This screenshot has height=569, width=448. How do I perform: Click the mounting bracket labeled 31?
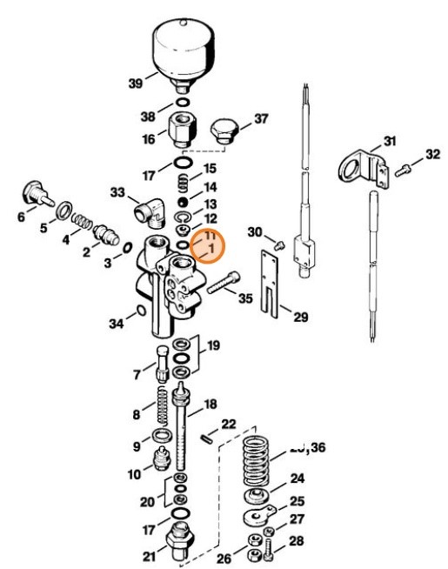pyautogui.click(x=357, y=167)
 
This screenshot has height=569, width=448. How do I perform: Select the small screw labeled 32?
pyautogui.click(x=402, y=171)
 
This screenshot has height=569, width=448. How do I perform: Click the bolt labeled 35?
pyautogui.click(x=222, y=284)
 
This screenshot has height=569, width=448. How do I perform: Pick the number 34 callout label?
pyautogui.click(x=117, y=325)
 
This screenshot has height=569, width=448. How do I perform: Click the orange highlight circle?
pyautogui.click(x=207, y=245)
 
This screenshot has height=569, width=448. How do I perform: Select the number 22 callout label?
pyautogui.click(x=228, y=425)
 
